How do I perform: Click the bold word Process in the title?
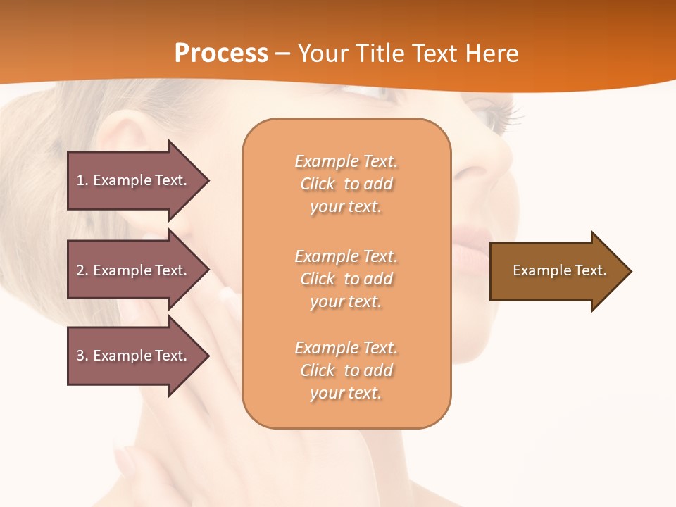tap(221, 54)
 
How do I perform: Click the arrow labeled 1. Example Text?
tap(134, 180)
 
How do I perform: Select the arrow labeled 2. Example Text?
tap(134, 270)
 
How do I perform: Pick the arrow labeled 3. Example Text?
tap(134, 356)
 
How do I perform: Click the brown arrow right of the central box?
tap(556, 271)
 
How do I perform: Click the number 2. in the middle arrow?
tap(82, 270)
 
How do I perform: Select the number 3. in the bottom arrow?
tap(82, 356)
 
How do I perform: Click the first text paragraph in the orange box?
tap(346, 184)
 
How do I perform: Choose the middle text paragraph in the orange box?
tap(346, 279)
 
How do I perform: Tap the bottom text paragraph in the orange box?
tap(346, 370)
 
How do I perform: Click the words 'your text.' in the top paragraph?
tap(346, 207)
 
